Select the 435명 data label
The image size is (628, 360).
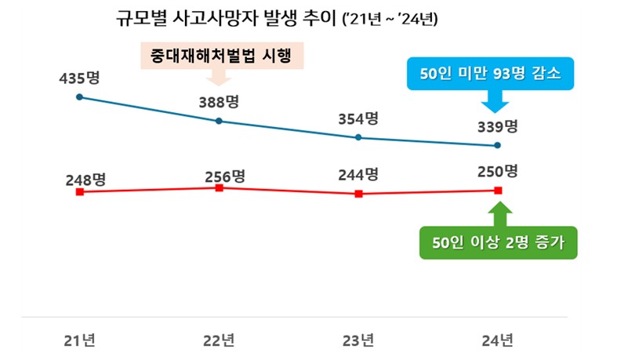[x=79, y=78]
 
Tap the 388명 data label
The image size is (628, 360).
[x=219, y=102]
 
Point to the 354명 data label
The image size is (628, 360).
[x=358, y=118]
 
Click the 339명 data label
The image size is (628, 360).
[x=498, y=126]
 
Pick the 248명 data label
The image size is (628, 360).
[x=86, y=180]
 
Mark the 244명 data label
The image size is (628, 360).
[x=358, y=175]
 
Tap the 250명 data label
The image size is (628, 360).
[x=498, y=171]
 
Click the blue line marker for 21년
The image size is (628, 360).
[x=79, y=97]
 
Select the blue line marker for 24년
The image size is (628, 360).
[x=498, y=145]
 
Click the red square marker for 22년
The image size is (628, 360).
[x=219, y=188]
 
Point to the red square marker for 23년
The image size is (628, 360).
[x=358, y=193]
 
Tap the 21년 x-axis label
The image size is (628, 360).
[x=79, y=340]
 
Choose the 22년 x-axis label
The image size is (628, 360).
[x=219, y=340]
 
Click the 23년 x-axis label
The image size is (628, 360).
[x=358, y=340]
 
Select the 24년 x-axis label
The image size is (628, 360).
[x=498, y=340]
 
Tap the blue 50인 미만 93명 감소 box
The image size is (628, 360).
[x=492, y=75]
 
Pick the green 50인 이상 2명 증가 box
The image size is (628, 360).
[x=499, y=242]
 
